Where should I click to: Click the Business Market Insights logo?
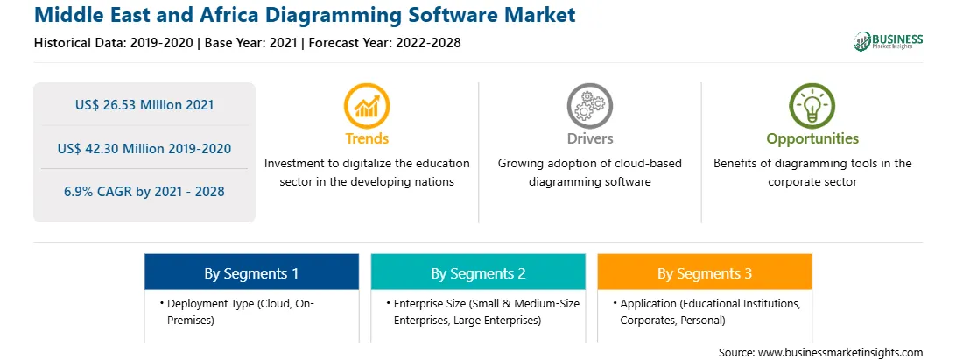pyautogui.click(x=888, y=41)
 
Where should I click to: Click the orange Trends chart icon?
pyautogui.click(x=367, y=105)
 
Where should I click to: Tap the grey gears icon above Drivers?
pyautogui.click(x=589, y=105)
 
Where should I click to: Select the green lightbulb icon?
pyautogui.click(x=812, y=105)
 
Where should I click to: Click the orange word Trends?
pyautogui.click(x=367, y=138)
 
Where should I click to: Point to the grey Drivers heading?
pyautogui.click(x=589, y=138)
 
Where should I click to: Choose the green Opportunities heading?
pyautogui.click(x=812, y=139)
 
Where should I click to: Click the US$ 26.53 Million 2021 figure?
pyautogui.click(x=144, y=105)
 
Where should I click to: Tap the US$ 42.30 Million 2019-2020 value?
pyautogui.click(x=144, y=148)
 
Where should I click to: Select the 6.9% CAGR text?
pyautogui.click(x=144, y=192)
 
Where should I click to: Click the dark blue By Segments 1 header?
pyautogui.click(x=252, y=273)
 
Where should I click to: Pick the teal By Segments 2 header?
pyautogui.click(x=478, y=273)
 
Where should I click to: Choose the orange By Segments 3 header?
pyautogui.click(x=705, y=273)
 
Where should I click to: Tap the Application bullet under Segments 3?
pyautogui.click(x=710, y=311)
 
